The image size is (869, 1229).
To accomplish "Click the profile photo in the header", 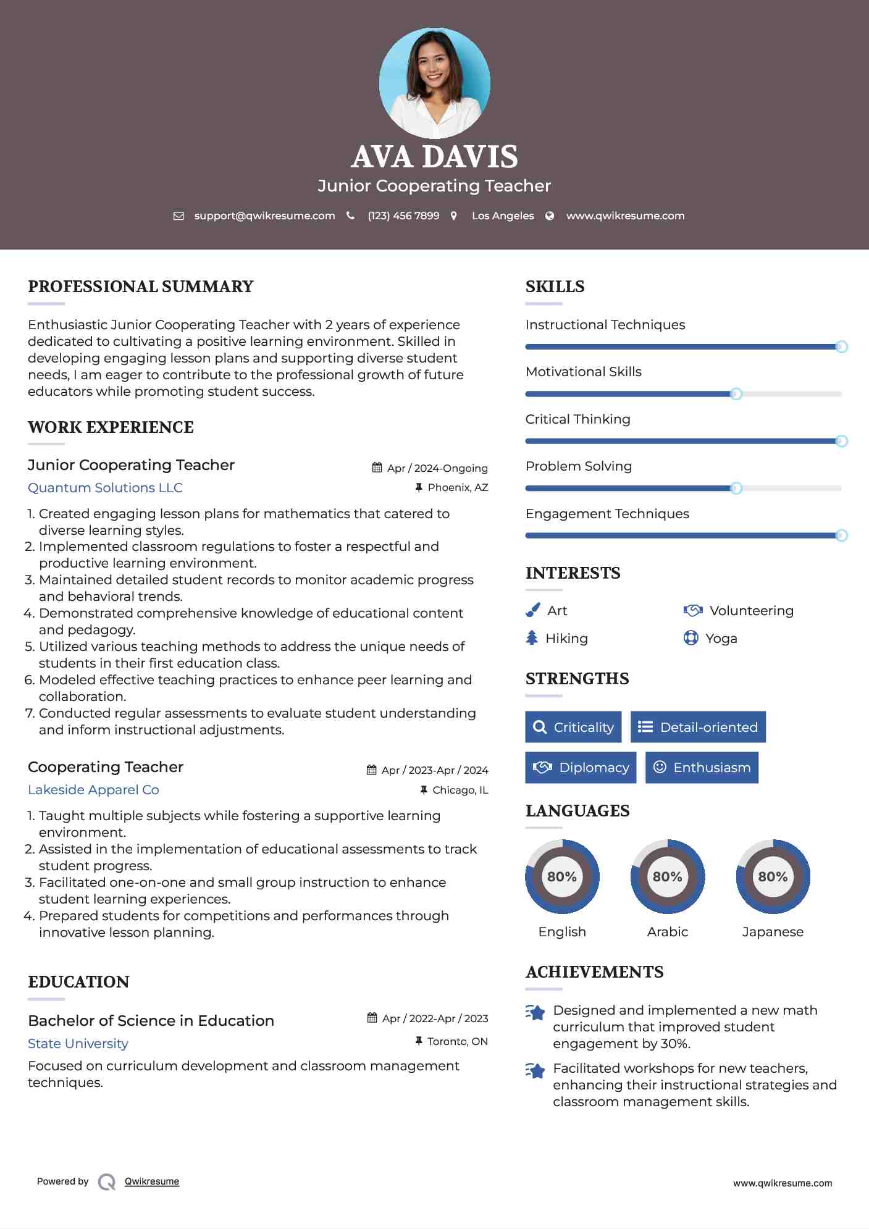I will pyautogui.click(x=434, y=83).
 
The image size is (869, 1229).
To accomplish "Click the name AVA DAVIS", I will pyautogui.click(x=434, y=157).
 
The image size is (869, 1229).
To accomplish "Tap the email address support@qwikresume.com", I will pyautogui.click(x=264, y=216).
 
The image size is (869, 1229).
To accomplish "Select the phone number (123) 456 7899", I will pyautogui.click(x=403, y=216).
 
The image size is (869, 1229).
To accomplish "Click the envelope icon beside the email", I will pyautogui.click(x=178, y=216).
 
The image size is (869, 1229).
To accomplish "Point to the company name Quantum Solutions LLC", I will pyautogui.click(x=105, y=488).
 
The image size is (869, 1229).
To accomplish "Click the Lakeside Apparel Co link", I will pyautogui.click(x=93, y=790).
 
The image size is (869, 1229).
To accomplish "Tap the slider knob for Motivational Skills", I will pyautogui.click(x=736, y=394).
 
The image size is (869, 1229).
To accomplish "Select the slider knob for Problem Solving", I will pyautogui.click(x=736, y=489).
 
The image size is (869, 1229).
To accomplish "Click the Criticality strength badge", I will pyautogui.click(x=573, y=727).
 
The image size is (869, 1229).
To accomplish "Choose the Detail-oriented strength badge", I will pyautogui.click(x=698, y=727).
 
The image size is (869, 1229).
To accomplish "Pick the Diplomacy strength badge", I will pyautogui.click(x=581, y=768).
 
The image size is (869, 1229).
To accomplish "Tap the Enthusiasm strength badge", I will pyautogui.click(x=702, y=768).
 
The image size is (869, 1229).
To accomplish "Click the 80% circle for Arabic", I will pyautogui.click(x=667, y=876).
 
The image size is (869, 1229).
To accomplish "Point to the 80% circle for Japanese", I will pyautogui.click(x=773, y=876).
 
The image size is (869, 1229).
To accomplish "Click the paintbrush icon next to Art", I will pyautogui.click(x=532, y=611).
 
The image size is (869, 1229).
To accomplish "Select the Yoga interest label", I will pyautogui.click(x=721, y=639).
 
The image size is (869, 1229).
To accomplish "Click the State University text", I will pyautogui.click(x=78, y=1044).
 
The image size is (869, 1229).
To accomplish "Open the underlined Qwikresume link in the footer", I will pyautogui.click(x=152, y=1181).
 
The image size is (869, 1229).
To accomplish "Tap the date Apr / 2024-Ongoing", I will pyautogui.click(x=437, y=468).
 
